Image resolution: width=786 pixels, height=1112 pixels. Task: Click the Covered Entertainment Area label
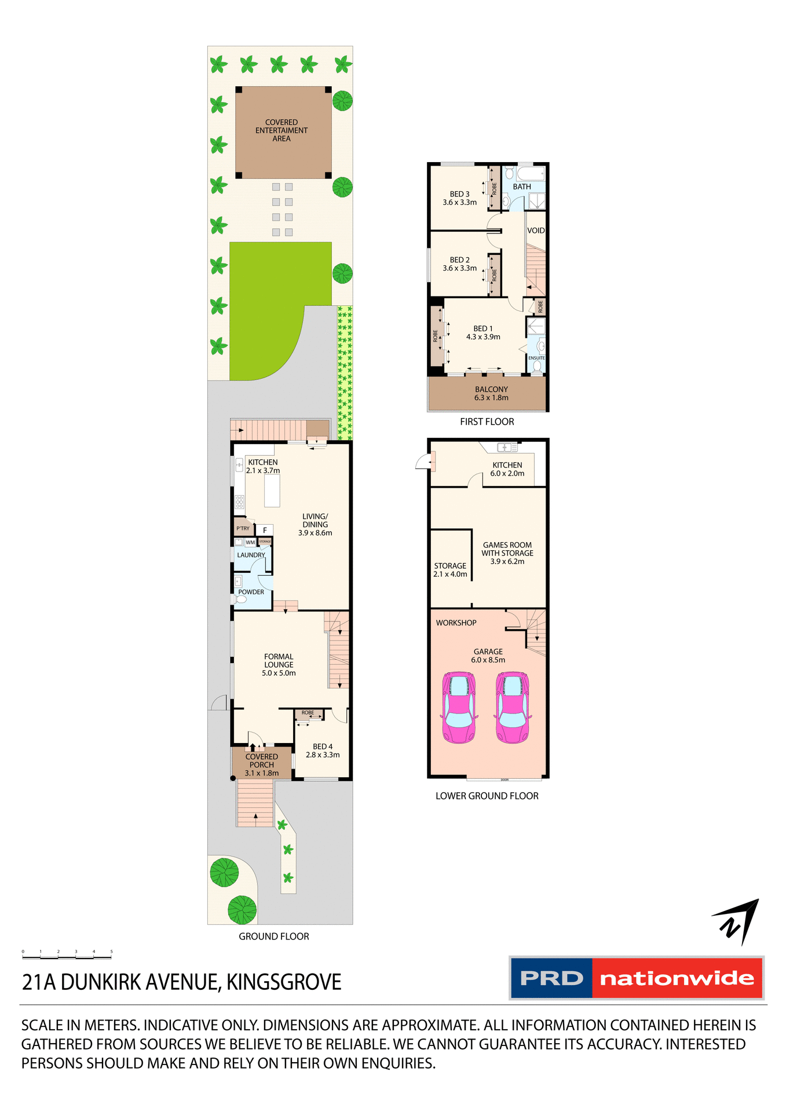point(282,130)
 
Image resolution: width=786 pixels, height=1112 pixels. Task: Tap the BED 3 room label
point(459,194)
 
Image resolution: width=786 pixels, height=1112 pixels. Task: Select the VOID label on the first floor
point(536,231)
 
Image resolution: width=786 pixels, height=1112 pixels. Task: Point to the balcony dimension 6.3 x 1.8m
point(491,398)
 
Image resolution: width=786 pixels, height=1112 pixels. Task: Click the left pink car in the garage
point(459,707)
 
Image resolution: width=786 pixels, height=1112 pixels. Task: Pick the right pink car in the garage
point(513,707)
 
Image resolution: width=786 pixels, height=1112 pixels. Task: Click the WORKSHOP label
point(456,623)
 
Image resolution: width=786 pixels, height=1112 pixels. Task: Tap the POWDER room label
point(251,592)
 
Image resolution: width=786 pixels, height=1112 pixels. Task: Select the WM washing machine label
point(250,543)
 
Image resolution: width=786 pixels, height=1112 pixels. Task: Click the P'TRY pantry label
point(243,528)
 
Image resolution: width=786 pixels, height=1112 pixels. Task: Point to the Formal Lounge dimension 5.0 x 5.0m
point(279,673)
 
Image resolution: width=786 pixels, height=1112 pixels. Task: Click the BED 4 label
point(323,747)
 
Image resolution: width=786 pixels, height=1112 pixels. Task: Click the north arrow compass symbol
point(737,921)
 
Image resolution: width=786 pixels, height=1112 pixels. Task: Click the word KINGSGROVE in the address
point(284,982)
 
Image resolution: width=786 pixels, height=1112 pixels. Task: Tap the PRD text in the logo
point(551,978)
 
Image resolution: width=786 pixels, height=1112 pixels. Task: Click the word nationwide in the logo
point(677,978)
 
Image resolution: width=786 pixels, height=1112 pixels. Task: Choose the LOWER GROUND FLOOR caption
point(487,796)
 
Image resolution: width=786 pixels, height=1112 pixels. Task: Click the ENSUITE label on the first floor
point(536,358)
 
